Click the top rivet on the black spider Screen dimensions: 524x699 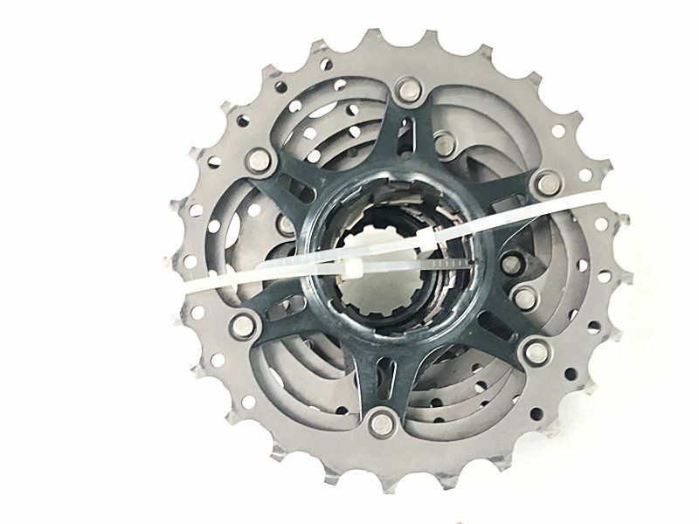[408, 87]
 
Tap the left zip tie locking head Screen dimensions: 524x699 [354, 269]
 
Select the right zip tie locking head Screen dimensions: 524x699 [427, 240]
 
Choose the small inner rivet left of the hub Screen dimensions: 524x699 [287, 226]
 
